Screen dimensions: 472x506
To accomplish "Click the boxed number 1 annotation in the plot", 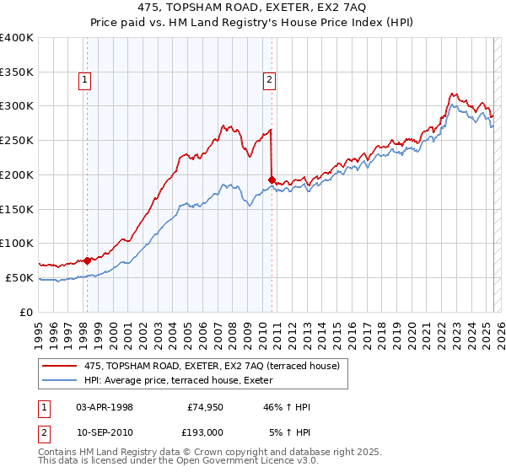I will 86,80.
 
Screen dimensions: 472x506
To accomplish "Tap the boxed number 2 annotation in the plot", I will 269,80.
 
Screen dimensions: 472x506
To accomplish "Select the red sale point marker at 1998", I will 87,260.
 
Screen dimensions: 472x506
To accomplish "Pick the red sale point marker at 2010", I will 272,179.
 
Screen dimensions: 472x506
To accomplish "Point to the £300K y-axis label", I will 17,106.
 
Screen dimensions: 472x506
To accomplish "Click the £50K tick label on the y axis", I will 19,277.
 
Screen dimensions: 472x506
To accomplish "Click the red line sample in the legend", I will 60,366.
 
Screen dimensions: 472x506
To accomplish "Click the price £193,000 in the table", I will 205,432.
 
